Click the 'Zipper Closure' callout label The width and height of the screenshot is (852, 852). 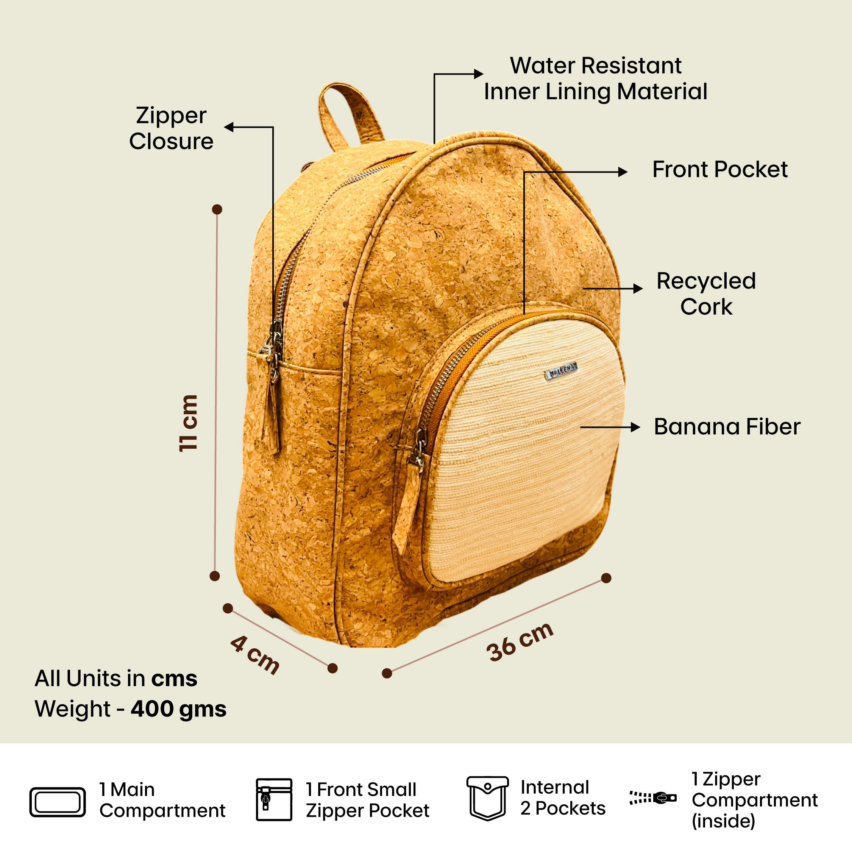pos(171,128)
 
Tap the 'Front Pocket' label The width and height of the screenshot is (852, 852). pos(720,169)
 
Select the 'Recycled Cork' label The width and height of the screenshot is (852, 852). pos(706,294)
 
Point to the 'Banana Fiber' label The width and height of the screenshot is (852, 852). pos(727,427)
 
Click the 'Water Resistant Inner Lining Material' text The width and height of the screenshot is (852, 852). pos(595,79)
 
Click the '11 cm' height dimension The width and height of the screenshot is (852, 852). pos(188,423)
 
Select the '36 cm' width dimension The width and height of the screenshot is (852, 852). pos(520,642)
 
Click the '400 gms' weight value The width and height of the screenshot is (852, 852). pos(179,709)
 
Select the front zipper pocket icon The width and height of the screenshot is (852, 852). pos(274,799)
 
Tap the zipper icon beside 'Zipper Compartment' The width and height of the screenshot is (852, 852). pos(653,798)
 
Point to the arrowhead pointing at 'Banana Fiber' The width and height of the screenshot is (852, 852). pos(635,427)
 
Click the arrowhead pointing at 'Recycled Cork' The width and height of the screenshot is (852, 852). pos(638,289)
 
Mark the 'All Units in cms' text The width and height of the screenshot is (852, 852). pos(116,679)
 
